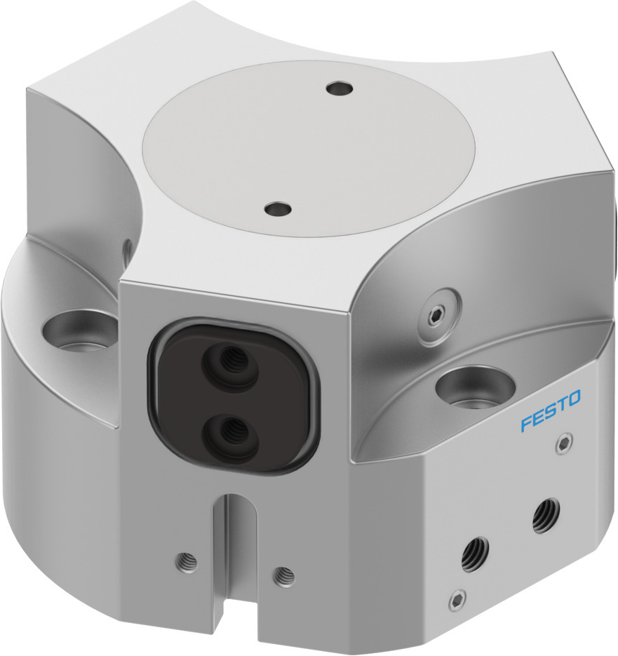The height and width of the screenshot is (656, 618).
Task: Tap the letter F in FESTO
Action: tap(525, 424)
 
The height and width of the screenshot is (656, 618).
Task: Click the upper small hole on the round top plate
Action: tap(340, 89)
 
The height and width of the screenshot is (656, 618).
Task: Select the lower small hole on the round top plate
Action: tap(278, 209)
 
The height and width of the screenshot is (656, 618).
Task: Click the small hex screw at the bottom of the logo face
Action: tap(457, 601)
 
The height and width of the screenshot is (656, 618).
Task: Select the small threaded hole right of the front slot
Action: tap(283, 575)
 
